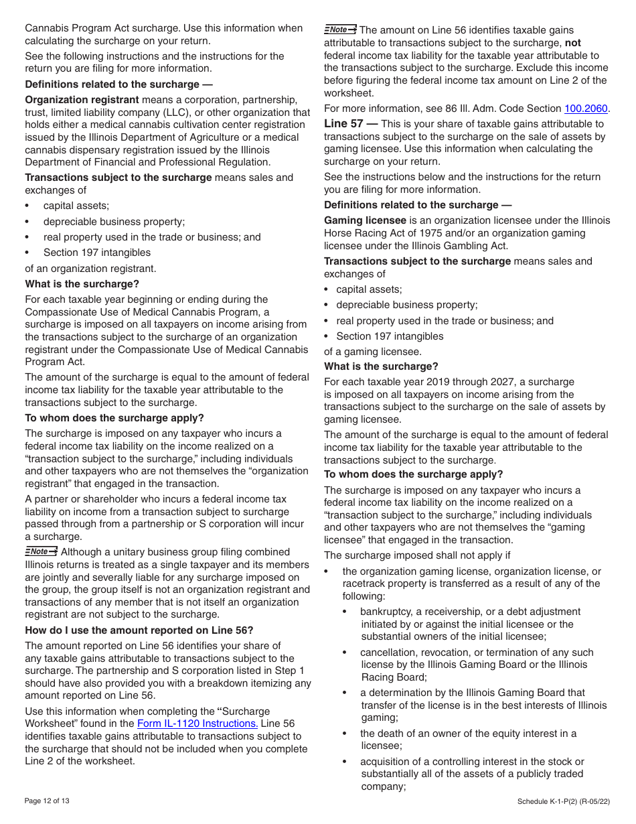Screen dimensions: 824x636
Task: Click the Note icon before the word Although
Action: [x=40, y=552]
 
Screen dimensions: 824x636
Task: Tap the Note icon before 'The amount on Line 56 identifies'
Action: [x=340, y=29]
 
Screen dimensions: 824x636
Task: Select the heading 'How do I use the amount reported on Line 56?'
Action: [x=139, y=630]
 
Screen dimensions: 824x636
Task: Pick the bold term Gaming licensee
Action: [x=365, y=220]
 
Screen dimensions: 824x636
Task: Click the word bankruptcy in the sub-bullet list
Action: [x=387, y=612]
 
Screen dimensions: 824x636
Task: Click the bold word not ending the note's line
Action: [x=572, y=43]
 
